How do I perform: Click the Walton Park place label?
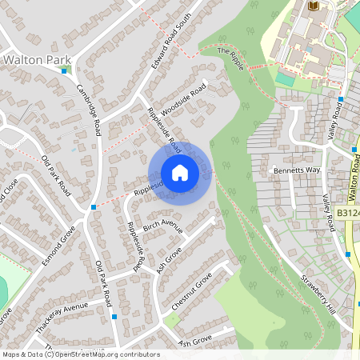click(x=37, y=59)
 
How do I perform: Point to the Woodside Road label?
click(x=182, y=99)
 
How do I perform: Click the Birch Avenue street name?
click(x=163, y=226)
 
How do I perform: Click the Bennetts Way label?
click(x=296, y=171)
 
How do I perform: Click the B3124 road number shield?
click(x=347, y=214)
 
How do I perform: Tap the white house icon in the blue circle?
click(x=180, y=173)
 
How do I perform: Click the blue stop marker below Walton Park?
click(x=64, y=70)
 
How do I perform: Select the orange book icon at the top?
click(x=313, y=6)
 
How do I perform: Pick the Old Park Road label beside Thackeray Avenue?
click(x=103, y=284)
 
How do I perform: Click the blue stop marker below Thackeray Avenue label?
click(x=114, y=317)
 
